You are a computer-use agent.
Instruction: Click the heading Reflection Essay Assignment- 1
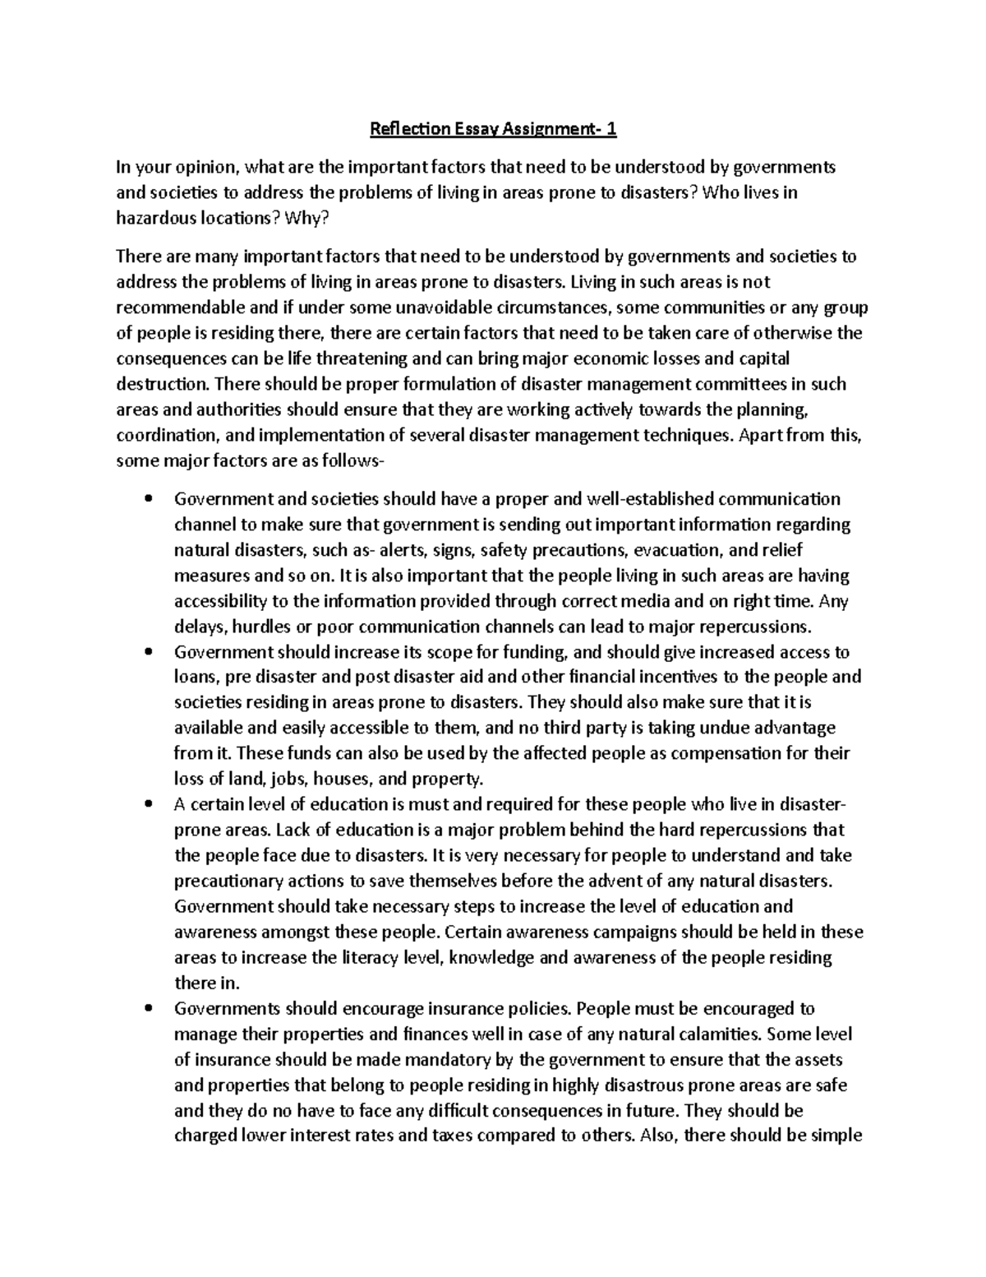[493, 129]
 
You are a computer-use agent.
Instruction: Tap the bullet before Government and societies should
[148, 499]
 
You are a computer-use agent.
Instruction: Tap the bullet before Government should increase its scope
[148, 652]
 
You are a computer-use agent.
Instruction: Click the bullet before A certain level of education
[148, 804]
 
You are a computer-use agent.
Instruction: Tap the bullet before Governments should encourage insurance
[148, 1008]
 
